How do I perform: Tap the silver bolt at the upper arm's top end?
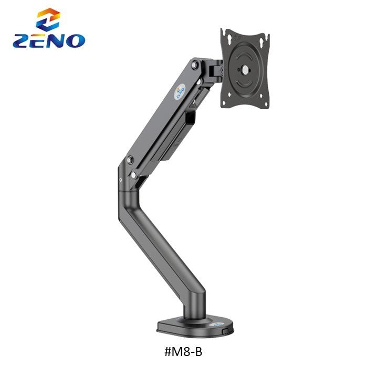[x=196, y=65]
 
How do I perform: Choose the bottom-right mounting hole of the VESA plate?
[x=263, y=100]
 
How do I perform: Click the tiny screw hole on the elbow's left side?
[x=121, y=180]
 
